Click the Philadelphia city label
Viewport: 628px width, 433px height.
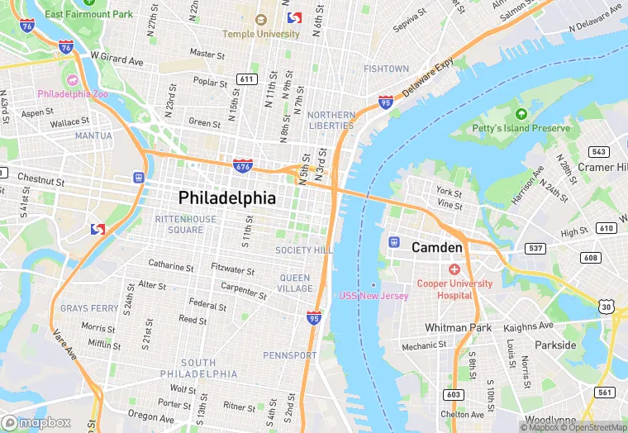(227, 198)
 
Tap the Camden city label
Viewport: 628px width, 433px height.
(437, 247)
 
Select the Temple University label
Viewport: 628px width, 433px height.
(260, 34)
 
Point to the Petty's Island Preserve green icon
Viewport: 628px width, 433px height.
(521, 114)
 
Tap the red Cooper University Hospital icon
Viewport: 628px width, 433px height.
(454, 269)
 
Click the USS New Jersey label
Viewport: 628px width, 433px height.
(373, 296)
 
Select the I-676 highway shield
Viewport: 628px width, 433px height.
(243, 166)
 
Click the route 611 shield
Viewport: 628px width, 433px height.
(245, 79)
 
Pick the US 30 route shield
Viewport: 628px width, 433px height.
(607, 307)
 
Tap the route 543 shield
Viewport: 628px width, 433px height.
(598, 152)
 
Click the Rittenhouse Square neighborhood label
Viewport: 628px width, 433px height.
(179, 224)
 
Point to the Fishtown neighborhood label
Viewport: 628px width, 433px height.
(386, 69)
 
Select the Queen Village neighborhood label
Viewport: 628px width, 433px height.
(295, 283)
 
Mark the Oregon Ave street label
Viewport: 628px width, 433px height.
(150, 416)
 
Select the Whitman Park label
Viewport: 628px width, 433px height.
(457, 327)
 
